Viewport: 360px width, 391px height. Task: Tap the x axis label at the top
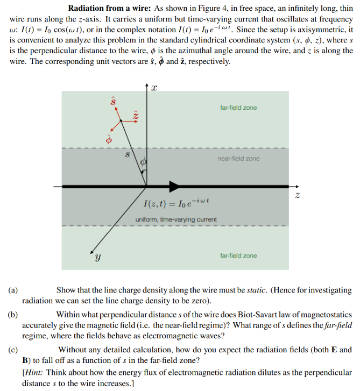154,89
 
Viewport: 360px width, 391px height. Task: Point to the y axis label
97,258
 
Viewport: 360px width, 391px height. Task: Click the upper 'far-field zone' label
238,108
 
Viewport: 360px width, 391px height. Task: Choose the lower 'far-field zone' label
238,255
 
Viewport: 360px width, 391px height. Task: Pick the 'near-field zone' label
238,159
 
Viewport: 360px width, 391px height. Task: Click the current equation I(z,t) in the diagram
177,204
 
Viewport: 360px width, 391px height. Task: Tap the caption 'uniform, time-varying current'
176,219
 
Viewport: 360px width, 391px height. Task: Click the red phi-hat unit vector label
108,139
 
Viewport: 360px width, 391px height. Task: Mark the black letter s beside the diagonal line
127,154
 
